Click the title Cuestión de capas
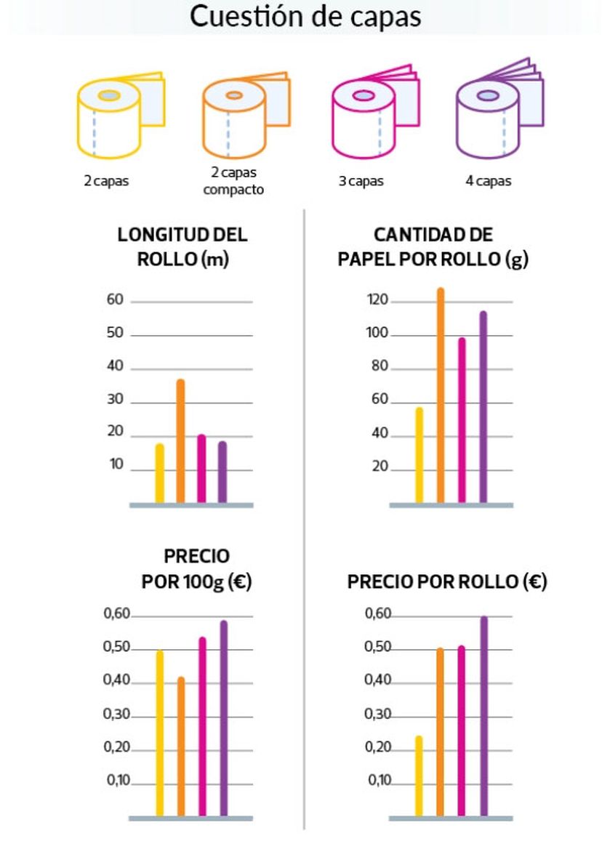(305, 16)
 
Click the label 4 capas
(488, 181)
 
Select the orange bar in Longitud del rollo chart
(180, 441)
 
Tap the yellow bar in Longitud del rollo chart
(159, 474)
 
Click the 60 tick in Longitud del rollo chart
(116, 300)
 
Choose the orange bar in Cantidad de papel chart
(440, 395)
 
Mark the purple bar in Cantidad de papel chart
(483, 407)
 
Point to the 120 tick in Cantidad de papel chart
(380, 300)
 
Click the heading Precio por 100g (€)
(196, 569)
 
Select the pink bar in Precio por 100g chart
(202, 727)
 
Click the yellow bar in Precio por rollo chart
(419, 776)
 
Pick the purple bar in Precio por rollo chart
(483, 716)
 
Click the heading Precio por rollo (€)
(446, 582)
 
